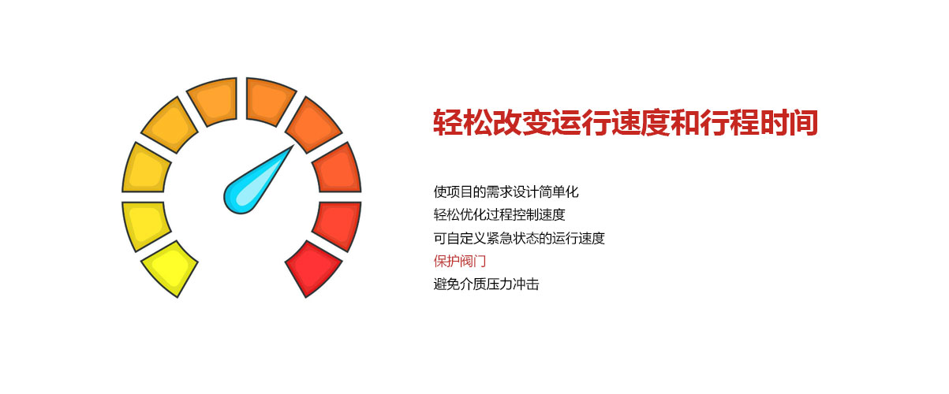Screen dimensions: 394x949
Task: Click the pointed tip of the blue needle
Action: [291, 147]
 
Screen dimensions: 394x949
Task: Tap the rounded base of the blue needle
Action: [239, 197]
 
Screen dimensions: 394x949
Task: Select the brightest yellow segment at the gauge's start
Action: [170, 268]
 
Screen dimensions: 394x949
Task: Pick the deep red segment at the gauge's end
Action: [313, 268]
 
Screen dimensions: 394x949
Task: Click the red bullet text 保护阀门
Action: [460, 261]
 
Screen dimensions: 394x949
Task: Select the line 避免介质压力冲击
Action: [486, 284]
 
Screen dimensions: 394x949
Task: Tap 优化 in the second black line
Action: [473, 214]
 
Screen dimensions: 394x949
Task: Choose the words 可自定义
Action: [460, 238]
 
